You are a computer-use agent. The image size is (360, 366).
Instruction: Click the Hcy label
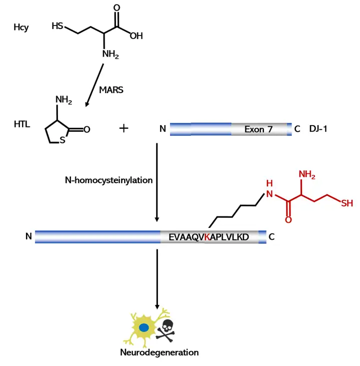coord(21,28)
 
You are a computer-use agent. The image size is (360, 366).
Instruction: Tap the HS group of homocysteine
coord(58,26)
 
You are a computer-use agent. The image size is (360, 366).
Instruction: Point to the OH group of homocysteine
coord(136,36)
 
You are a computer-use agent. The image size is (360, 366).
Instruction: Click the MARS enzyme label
coord(111,91)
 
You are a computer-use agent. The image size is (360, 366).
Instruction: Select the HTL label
coord(22,124)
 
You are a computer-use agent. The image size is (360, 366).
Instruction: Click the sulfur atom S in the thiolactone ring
coord(62,140)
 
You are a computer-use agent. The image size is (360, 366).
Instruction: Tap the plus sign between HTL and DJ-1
coord(124,128)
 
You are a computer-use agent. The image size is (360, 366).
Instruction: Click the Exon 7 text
coord(258,129)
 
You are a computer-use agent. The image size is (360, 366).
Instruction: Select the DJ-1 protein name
coord(318,129)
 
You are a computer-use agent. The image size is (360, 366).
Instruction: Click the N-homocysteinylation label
coord(108,180)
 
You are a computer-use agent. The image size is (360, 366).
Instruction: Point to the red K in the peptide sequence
coord(207,237)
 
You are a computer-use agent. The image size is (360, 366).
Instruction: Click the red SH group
coord(346,203)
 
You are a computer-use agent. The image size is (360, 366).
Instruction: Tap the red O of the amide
coord(288,220)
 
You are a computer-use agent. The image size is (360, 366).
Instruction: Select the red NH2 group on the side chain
coord(307,175)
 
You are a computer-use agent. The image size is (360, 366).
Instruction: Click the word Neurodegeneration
coord(159,352)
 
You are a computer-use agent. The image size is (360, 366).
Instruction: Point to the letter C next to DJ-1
coord(297,129)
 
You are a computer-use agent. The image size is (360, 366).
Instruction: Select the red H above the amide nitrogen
coord(269,183)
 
